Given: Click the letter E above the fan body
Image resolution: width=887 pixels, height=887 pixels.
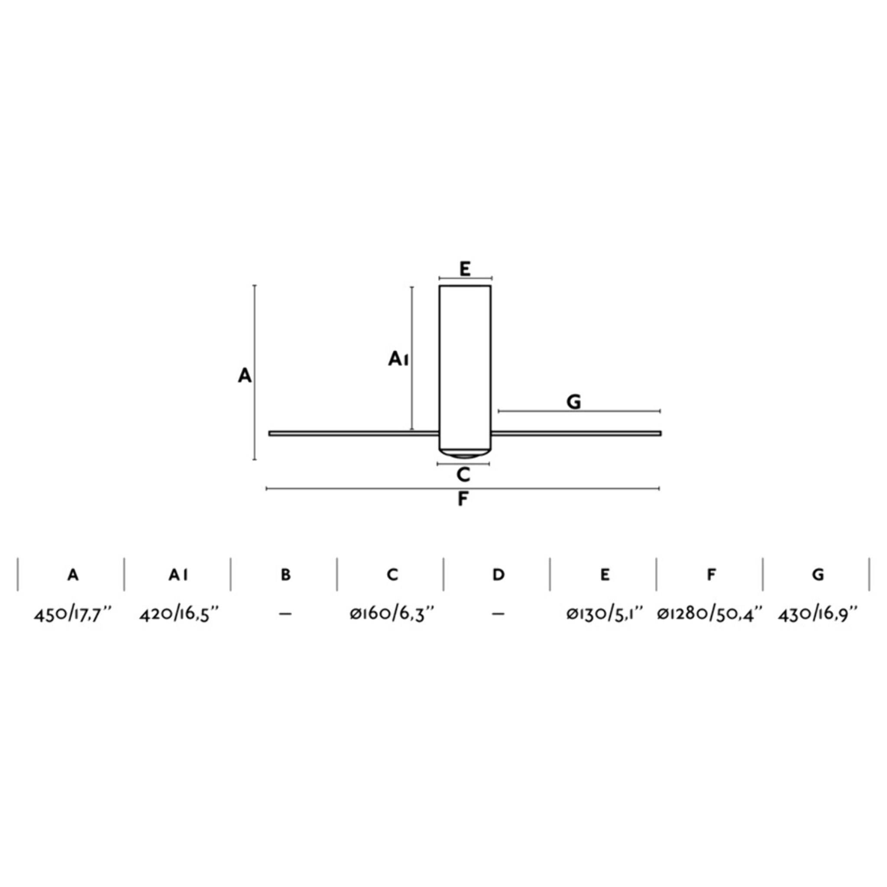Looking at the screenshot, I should click(x=465, y=269).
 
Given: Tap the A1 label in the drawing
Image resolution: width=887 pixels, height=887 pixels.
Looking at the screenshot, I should click(x=398, y=359).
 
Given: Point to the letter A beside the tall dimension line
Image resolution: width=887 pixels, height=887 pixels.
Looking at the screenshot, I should click(x=245, y=376).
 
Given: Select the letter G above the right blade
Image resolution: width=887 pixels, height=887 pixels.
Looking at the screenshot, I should click(x=574, y=402).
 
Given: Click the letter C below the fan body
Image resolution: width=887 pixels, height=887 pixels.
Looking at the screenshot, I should click(x=463, y=475).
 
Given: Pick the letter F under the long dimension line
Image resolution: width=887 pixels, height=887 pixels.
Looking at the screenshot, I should click(x=463, y=499).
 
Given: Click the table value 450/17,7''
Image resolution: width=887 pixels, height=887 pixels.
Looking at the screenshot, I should click(x=72, y=614).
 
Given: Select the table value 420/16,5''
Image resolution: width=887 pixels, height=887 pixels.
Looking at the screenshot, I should click(x=179, y=614).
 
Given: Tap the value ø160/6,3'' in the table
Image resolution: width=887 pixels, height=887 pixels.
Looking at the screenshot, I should click(x=392, y=614).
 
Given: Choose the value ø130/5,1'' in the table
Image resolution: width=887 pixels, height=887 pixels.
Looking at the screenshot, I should click(x=604, y=614).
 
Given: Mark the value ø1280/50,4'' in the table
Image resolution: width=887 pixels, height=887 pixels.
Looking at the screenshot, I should click(x=710, y=614).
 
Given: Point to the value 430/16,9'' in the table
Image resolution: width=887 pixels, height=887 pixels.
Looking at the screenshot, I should click(x=817, y=614).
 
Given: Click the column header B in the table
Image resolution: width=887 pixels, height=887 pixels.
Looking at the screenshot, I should click(x=285, y=575).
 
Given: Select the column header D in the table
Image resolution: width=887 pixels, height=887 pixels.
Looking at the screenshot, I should click(x=498, y=575).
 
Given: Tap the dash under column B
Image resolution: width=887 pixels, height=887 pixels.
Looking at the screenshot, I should click(x=285, y=614).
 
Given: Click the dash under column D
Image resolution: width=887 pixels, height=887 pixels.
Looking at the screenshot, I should click(x=498, y=614).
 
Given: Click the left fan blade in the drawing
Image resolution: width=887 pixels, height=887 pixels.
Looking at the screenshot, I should click(x=353, y=434).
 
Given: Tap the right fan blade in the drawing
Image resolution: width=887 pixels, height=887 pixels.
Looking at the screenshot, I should click(x=576, y=434).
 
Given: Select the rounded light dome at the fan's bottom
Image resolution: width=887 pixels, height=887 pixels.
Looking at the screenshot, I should click(x=464, y=454).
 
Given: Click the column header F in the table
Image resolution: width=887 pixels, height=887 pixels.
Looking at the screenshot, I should click(x=711, y=575).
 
